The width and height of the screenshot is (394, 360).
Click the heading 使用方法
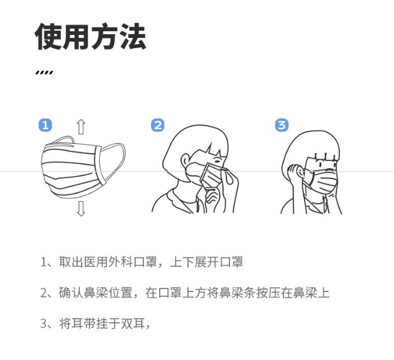[91, 37]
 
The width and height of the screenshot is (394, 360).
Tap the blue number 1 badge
[45, 125]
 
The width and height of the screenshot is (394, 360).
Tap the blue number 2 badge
[158, 125]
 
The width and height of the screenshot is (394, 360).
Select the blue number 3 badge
[282, 125]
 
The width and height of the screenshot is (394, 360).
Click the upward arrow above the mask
[81, 127]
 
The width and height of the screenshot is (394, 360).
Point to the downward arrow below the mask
[81, 209]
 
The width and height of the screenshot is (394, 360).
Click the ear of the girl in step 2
[185, 161]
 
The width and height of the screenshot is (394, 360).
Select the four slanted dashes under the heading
[44, 72]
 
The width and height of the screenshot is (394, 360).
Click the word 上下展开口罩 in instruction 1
[207, 262]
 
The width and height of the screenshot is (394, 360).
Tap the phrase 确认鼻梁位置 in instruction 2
[95, 293]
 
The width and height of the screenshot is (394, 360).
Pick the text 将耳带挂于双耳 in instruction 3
[102, 323]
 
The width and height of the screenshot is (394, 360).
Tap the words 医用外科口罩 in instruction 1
[121, 262]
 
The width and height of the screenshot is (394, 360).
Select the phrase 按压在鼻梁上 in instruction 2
[293, 293]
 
